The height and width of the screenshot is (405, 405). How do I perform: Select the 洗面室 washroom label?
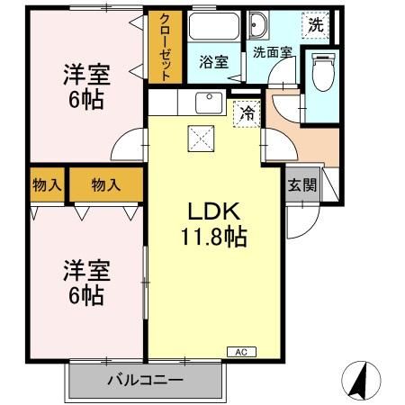(x=270, y=53)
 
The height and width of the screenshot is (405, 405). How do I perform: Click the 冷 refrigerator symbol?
(x=245, y=113)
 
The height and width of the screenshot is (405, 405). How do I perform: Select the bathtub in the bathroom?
(x=213, y=28)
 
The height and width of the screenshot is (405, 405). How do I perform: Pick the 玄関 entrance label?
(x=302, y=186)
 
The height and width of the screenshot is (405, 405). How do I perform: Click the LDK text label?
(x=211, y=213)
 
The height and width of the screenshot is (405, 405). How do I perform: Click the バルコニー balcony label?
(x=144, y=379)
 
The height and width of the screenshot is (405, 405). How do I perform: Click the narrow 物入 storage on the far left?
(x=47, y=185)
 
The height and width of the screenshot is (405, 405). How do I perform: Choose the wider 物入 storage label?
(x=105, y=185)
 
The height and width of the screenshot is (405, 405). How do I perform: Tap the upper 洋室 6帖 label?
(x=82, y=86)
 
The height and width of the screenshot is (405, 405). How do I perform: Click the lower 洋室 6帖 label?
(x=82, y=282)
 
